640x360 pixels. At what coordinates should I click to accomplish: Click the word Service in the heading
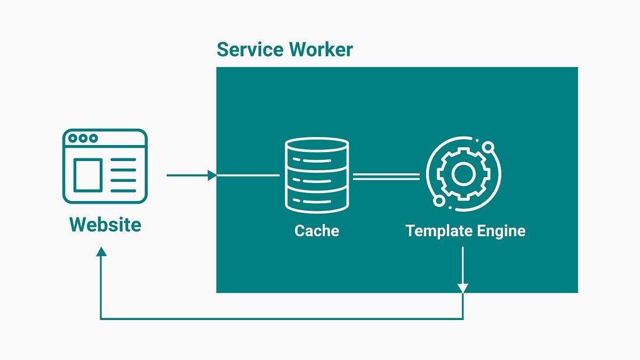click(x=250, y=50)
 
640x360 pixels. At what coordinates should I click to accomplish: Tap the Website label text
click(x=105, y=224)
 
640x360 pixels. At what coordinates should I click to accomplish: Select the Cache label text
click(x=317, y=230)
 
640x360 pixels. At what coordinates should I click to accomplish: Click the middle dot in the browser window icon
click(x=83, y=138)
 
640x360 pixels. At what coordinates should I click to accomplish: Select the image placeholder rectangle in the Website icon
click(x=87, y=175)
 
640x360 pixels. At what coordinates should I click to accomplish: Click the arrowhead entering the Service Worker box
click(x=212, y=175)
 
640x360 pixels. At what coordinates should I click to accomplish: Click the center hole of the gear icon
click(x=462, y=173)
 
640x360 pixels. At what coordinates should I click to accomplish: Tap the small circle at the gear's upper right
click(x=487, y=146)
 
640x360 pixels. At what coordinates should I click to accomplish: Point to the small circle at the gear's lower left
click(x=438, y=201)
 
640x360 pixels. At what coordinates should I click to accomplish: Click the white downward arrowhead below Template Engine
click(x=462, y=288)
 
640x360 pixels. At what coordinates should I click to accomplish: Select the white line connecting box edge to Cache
click(x=248, y=175)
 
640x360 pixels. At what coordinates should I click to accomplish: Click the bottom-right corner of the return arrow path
click(x=462, y=319)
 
